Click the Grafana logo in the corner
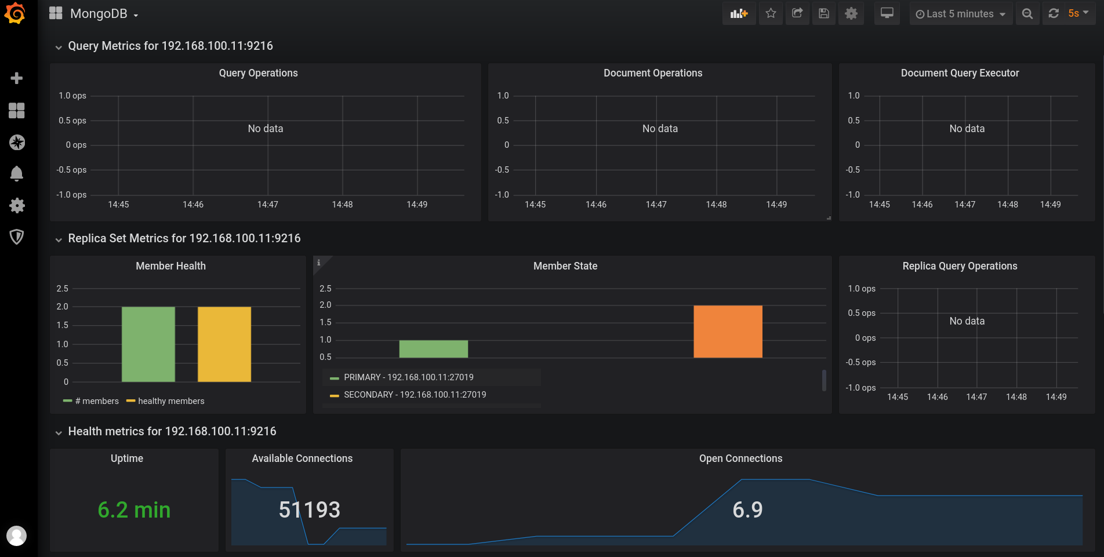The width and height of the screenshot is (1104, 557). pyautogui.click(x=15, y=13)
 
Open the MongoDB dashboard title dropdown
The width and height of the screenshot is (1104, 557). pyautogui.click(x=104, y=14)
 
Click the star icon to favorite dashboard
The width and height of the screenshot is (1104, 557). pyautogui.click(x=771, y=13)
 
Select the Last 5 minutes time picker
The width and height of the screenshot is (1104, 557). pyautogui.click(x=960, y=14)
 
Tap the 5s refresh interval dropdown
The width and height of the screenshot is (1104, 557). pyautogui.click(x=1078, y=13)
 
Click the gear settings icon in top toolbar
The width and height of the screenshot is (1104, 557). pyautogui.click(x=851, y=13)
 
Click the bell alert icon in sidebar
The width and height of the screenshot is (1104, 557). pyautogui.click(x=17, y=173)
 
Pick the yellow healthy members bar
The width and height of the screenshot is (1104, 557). pyautogui.click(x=224, y=344)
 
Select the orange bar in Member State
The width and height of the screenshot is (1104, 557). pyautogui.click(x=728, y=331)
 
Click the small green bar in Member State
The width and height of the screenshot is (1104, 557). pyautogui.click(x=433, y=349)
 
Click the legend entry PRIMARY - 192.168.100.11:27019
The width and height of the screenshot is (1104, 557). pyautogui.click(x=408, y=377)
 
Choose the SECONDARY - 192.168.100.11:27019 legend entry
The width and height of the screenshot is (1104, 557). pyautogui.click(x=415, y=395)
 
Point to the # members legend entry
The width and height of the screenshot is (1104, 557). pyautogui.click(x=96, y=401)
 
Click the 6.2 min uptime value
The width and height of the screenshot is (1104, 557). pyautogui.click(x=134, y=510)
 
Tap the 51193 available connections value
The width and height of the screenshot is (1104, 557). pyautogui.click(x=309, y=510)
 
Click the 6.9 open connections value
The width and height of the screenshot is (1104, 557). pyautogui.click(x=747, y=510)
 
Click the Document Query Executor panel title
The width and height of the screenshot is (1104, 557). pyautogui.click(x=960, y=73)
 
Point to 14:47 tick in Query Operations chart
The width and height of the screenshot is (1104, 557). pyautogui.click(x=267, y=205)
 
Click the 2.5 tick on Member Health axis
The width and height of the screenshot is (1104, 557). pyautogui.click(x=62, y=289)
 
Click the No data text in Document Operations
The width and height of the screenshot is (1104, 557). pyautogui.click(x=660, y=129)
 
